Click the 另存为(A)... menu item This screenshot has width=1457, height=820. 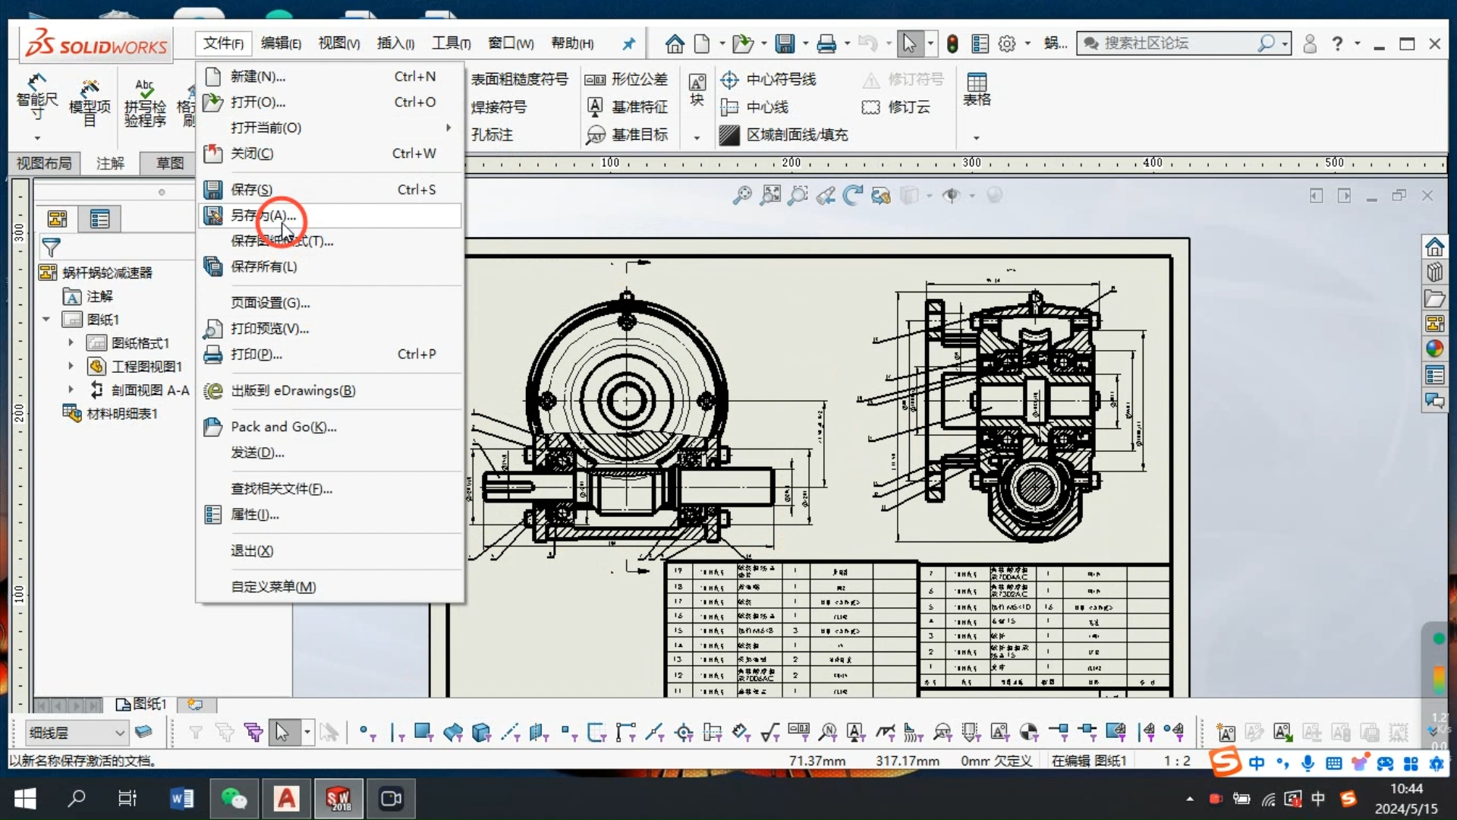263,216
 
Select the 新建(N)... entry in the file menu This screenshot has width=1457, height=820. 258,77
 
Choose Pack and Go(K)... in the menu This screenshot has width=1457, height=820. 283,427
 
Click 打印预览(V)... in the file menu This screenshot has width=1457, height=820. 269,329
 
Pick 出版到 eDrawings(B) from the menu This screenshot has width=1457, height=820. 292,390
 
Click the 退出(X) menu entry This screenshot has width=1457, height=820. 252,550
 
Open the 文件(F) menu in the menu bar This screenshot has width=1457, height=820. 223,43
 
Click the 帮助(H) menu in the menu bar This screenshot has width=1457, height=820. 571,43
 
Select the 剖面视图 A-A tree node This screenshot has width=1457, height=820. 149,390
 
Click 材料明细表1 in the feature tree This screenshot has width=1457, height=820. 121,414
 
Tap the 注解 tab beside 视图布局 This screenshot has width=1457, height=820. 110,163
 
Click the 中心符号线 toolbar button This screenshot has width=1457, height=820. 780,80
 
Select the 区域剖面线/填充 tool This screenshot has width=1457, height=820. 796,135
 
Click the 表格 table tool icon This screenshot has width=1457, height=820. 977,89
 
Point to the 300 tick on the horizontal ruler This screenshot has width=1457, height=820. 971,163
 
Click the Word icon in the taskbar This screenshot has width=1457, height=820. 181,799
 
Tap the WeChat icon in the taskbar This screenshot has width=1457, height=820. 234,799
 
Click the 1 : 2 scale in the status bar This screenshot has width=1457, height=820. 1177,761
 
